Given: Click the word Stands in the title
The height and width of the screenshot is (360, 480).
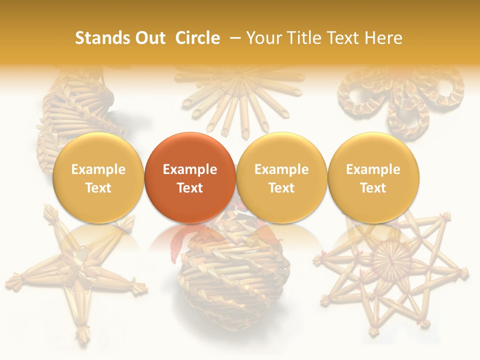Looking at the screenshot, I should (x=98, y=38).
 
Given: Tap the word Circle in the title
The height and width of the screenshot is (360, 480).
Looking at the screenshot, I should (x=197, y=38).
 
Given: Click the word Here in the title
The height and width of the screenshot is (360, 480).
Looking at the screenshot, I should (x=383, y=38).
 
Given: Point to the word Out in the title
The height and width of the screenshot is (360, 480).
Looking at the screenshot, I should (x=148, y=38).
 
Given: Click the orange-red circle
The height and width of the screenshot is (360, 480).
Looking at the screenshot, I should (x=190, y=178).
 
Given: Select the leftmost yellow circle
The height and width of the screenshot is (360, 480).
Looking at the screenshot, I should (x=98, y=178).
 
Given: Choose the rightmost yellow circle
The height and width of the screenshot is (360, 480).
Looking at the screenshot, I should (x=373, y=178).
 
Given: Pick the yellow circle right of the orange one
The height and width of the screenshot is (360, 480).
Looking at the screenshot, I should (x=281, y=178).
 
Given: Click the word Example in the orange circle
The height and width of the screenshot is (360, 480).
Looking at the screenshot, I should (x=190, y=169).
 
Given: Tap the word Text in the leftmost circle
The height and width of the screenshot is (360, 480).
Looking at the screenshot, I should (x=98, y=188).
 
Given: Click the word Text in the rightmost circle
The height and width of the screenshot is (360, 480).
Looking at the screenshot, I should (x=373, y=188).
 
